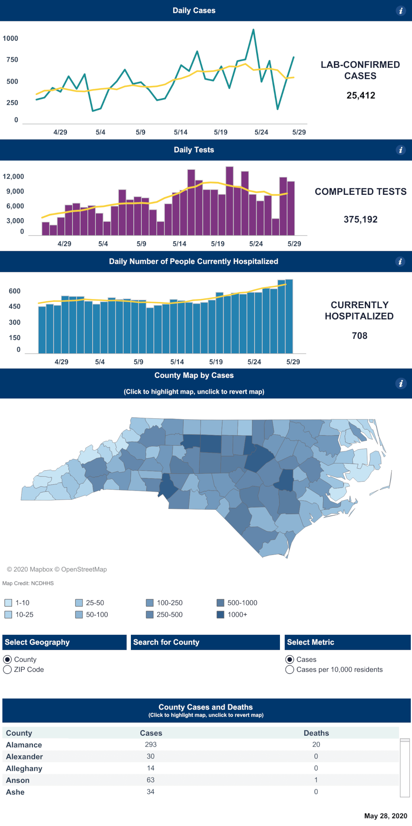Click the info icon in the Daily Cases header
pos(400,11)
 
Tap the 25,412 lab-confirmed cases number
pos(360,96)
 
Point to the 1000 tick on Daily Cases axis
pos(10,39)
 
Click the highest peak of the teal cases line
pos(253,29)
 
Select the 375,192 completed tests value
pos(360,219)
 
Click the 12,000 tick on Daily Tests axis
pos(13,177)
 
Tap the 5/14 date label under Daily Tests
pos(179,244)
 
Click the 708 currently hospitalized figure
pos(359,336)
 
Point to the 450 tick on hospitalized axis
pos(14,307)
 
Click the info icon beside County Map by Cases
pos(400,384)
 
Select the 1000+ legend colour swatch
pos(220,615)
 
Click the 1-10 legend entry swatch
pos(8,603)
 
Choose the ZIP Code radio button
pos(7,670)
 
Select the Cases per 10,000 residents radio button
pos(289,670)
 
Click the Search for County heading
pos(166,642)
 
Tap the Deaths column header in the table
pos(316,733)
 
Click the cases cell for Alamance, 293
pos(151,745)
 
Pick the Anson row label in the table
pos(18,780)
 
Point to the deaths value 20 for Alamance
pos(316,745)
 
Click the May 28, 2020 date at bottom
pos(385,816)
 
